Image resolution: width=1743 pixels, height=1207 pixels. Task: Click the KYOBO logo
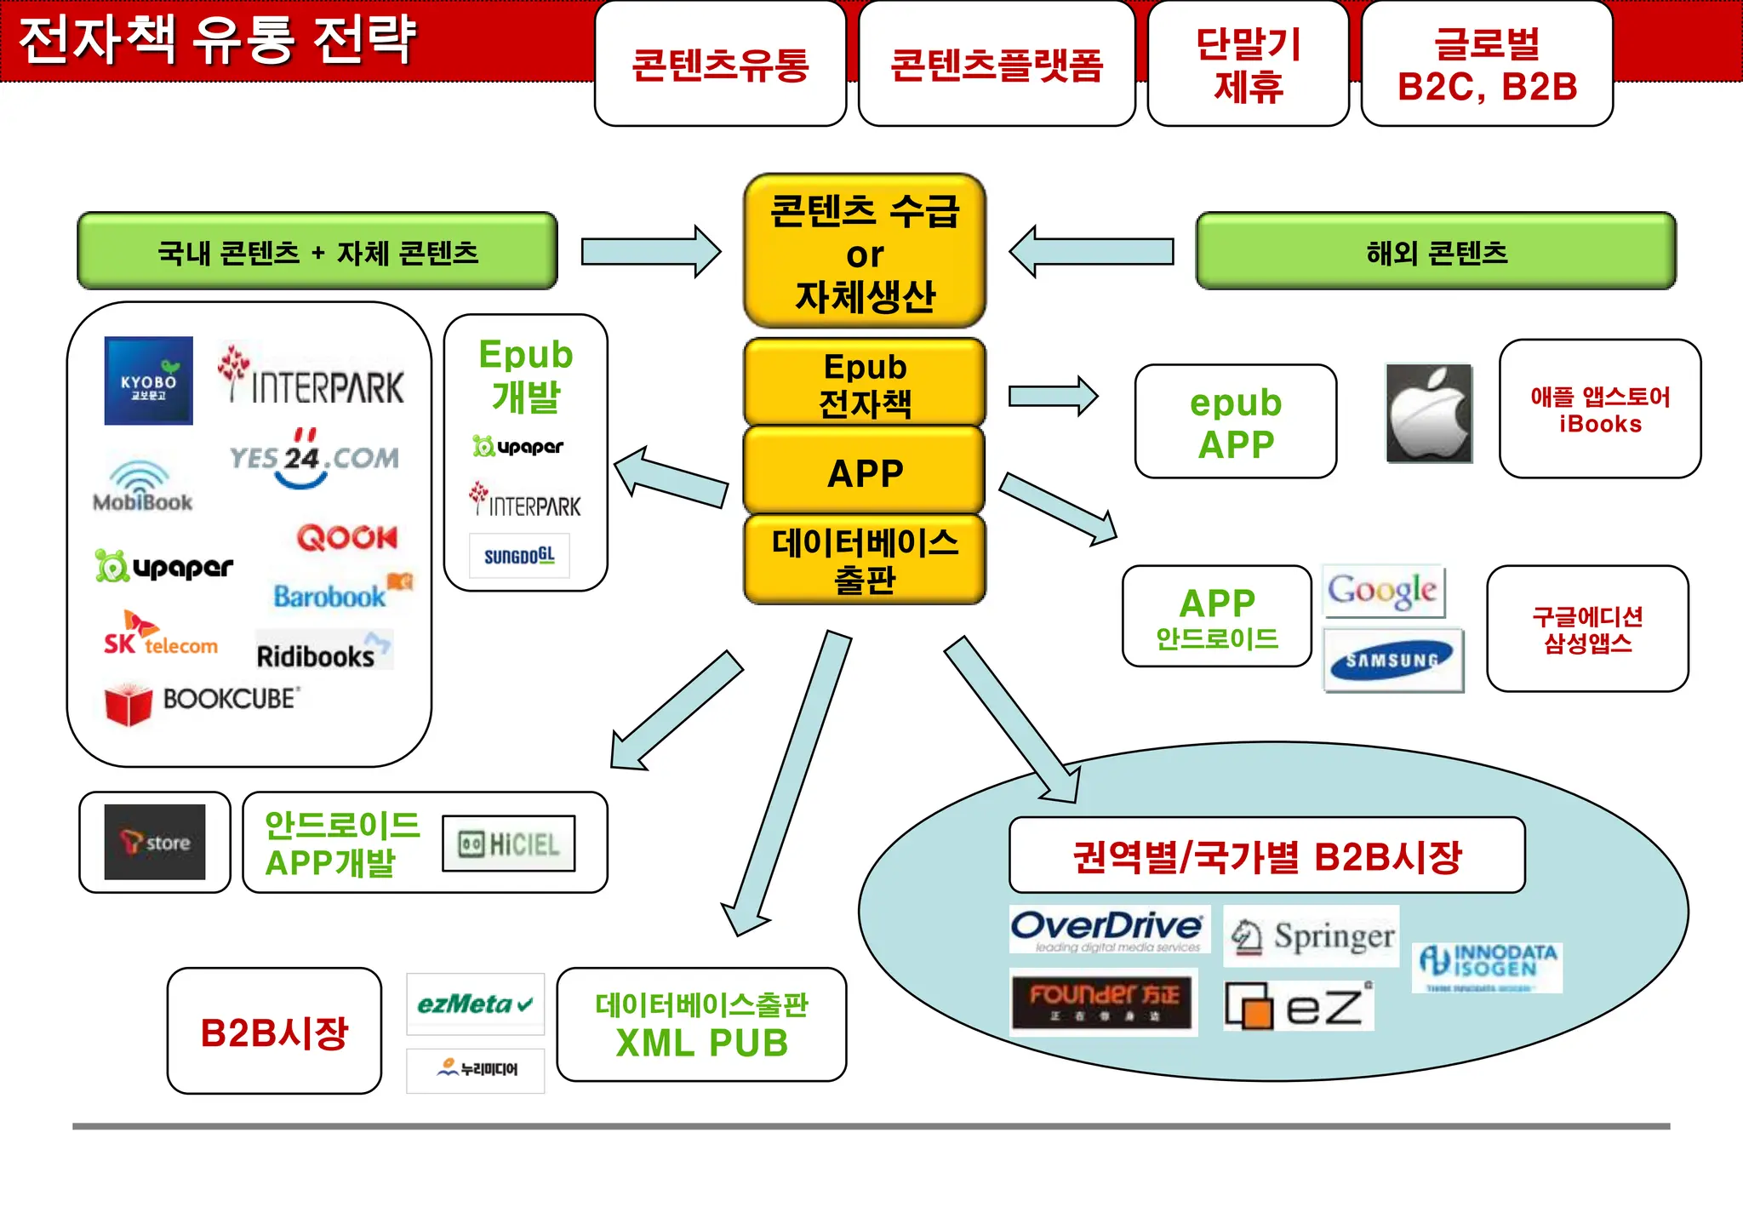coord(148,380)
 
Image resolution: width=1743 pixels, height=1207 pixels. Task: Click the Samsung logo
coord(1393,661)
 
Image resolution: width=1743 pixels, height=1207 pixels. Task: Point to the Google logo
coord(1383,591)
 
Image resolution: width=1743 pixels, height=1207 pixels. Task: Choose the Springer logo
coord(1312,936)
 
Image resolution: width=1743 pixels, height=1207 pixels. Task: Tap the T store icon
coord(155,842)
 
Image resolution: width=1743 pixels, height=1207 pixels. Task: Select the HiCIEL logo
coord(509,844)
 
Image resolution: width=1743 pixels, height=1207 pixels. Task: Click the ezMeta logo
coord(475,1004)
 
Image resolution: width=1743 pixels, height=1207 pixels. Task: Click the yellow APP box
coord(864,472)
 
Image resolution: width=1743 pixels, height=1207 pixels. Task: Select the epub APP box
coord(1235,422)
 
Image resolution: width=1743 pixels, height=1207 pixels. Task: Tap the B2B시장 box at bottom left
coord(274,1031)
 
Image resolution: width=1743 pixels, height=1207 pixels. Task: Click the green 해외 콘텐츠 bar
coord(1436,252)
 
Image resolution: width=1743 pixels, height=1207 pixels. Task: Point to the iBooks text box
coord(1599,409)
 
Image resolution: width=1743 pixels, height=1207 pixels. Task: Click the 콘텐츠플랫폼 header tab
coord(996,65)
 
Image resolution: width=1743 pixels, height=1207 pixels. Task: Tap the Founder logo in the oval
coord(1103,1002)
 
